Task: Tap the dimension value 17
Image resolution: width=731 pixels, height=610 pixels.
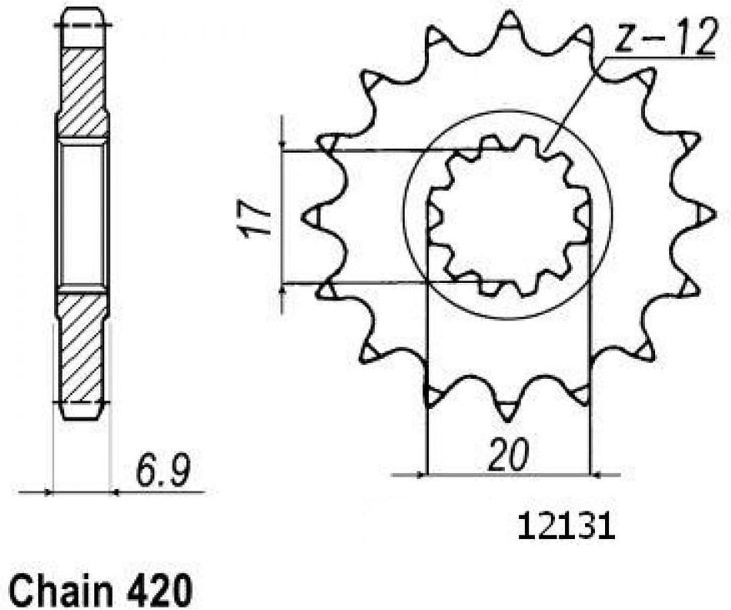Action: tap(255, 219)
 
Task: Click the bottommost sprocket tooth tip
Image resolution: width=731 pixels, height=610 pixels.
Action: tap(508, 421)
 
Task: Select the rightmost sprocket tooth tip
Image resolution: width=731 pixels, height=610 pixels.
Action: tap(714, 215)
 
